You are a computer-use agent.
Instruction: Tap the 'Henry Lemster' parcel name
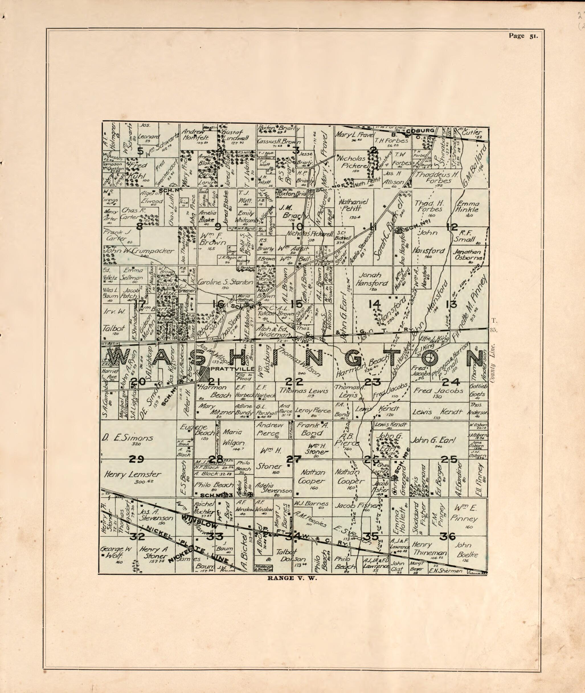tap(133, 475)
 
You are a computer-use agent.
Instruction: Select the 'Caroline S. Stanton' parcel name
tap(225, 283)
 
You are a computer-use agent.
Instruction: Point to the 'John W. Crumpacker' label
tap(139, 251)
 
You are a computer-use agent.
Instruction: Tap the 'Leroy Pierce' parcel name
tap(313, 410)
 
